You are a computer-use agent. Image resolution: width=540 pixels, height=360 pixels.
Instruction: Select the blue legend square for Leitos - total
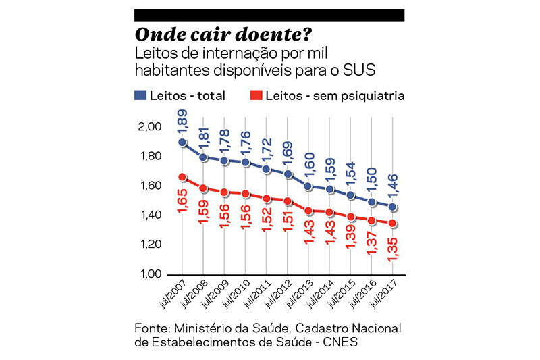click(x=140, y=95)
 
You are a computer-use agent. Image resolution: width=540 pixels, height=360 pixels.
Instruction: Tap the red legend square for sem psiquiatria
click(x=255, y=95)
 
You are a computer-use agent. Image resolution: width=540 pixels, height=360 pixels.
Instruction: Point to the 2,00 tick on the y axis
click(x=151, y=127)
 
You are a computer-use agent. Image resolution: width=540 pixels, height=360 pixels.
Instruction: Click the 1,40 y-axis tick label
click(x=151, y=215)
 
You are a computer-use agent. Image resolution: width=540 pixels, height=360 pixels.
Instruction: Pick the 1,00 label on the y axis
click(x=151, y=274)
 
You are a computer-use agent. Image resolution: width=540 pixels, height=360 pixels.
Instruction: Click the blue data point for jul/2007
click(x=183, y=143)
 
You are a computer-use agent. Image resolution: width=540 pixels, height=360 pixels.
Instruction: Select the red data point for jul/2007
click(x=183, y=177)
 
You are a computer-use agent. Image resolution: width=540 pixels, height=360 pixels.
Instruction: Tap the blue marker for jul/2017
click(x=393, y=207)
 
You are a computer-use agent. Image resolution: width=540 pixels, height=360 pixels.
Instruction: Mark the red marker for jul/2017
click(x=393, y=224)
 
